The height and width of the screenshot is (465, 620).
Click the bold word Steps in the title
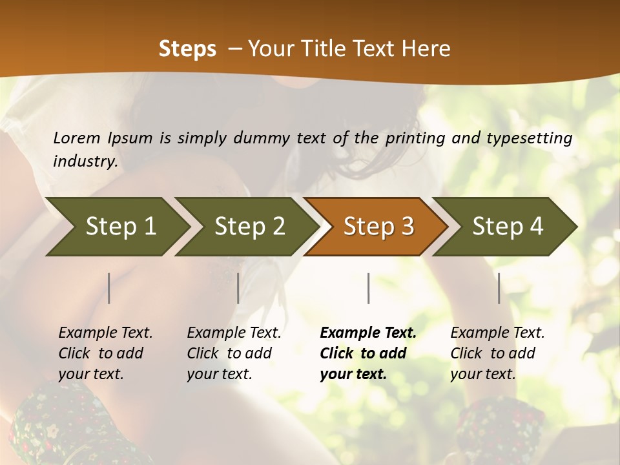tap(187, 49)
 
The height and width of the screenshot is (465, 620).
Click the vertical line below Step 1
tap(109, 288)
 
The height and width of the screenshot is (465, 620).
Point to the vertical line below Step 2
tap(238, 288)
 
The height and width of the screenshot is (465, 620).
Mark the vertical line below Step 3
tap(368, 288)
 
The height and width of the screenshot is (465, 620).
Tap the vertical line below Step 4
tap(499, 288)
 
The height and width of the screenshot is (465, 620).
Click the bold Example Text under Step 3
tap(367, 353)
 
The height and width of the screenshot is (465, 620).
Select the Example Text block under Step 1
tap(105, 353)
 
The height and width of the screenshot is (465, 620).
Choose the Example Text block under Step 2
tap(234, 353)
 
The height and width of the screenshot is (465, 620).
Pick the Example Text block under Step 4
tap(497, 353)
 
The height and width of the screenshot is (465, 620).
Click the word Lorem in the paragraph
tap(77, 138)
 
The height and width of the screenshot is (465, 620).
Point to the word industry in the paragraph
tap(85, 161)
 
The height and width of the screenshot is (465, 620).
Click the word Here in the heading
tap(426, 49)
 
